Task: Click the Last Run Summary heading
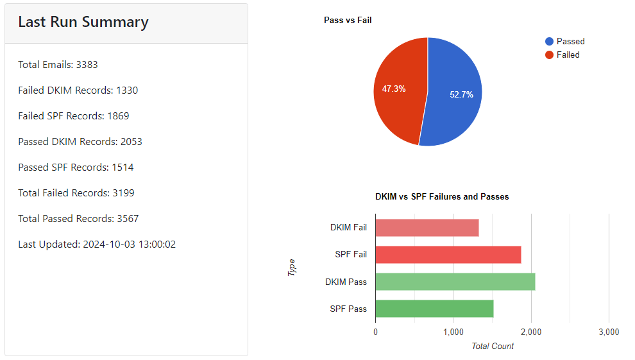(x=83, y=22)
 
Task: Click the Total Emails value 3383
(x=87, y=65)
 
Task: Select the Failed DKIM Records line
(x=78, y=90)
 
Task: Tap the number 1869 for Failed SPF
(x=118, y=116)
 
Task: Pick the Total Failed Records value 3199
(x=123, y=193)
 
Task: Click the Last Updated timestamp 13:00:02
(x=156, y=244)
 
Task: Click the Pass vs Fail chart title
(x=348, y=21)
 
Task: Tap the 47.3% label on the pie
(x=394, y=89)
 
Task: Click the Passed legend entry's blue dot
(x=549, y=42)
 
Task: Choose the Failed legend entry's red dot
(x=549, y=55)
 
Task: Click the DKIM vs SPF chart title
(x=442, y=197)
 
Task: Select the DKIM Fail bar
(x=427, y=228)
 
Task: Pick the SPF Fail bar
(x=448, y=255)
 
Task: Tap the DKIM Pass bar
(x=455, y=282)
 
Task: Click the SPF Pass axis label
(x=348, y=309)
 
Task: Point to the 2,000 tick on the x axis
(x=530, y=332)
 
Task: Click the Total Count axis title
(x=493, y=347)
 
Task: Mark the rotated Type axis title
(x=292, y=268)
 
